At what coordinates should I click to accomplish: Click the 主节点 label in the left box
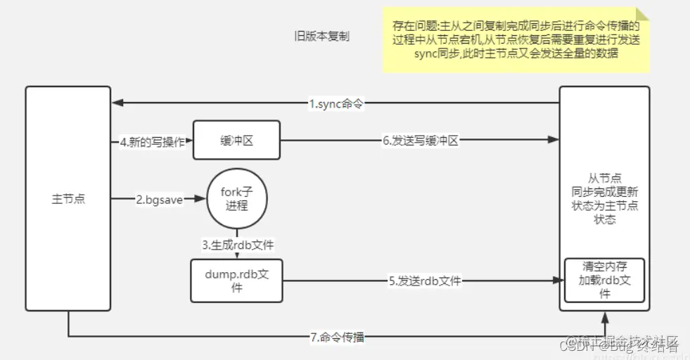tap(68, 199)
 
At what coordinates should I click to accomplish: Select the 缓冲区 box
tap(236, 141)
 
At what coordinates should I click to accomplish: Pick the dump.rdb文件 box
tap(236, 281)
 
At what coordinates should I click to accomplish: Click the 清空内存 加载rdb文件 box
tap(604, 280)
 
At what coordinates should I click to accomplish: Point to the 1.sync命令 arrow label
tap(337, 104)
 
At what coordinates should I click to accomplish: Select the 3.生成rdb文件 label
tap(238, 245)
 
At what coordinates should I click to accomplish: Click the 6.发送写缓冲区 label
tap(421, 141)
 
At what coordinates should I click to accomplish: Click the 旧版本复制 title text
tap(321, 37)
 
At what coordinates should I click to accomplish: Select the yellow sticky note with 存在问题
tap(516, 40)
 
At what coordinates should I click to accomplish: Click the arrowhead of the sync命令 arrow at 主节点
tap(115, 104)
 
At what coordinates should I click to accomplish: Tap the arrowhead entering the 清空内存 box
tap(561, 281)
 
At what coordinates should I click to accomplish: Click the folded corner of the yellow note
tap(643, 14)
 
